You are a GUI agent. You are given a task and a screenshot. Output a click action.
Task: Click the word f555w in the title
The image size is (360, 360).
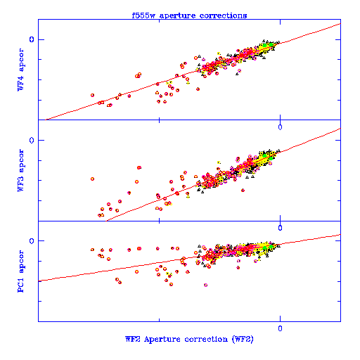coord(143,15)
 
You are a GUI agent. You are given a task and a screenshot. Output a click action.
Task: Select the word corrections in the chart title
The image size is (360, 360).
coord(223,15)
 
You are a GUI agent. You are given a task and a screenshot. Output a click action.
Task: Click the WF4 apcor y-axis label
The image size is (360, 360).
coord(20,70)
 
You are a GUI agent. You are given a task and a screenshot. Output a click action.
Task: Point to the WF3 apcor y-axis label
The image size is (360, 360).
coord(20,170)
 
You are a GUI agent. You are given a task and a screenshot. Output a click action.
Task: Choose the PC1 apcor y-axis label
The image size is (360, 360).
coord(20,271)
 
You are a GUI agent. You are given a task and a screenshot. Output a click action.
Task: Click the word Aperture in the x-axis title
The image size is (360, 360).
coord(162,339)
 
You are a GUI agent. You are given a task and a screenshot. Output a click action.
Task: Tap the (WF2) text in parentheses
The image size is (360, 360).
coord(243,339)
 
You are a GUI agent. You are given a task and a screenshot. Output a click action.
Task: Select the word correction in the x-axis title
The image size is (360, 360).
coord(206,339)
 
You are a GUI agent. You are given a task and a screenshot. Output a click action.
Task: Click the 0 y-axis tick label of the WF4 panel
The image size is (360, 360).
coord(32,39)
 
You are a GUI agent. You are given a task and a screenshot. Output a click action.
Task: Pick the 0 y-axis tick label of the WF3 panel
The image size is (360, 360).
coord(32,140)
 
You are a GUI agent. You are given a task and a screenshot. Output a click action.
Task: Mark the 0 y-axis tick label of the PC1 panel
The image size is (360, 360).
coord(32,240)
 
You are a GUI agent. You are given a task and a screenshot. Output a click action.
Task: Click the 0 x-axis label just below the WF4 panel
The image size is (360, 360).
coord(280,127)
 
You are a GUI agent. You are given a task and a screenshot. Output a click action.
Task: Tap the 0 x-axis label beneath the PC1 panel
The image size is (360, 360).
coord(280,328)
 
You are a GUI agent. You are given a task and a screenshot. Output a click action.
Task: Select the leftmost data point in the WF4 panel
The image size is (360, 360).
coord(92,95)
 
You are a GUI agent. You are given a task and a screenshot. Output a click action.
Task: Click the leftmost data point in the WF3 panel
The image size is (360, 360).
coord(92,179)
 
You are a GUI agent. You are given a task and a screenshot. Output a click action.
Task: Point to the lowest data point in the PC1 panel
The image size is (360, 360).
coord(205,285)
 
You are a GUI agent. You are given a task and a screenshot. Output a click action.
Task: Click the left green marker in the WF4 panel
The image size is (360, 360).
coord(264,45)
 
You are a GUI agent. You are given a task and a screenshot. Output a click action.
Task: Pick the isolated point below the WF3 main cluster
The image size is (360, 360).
coord(243,191)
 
